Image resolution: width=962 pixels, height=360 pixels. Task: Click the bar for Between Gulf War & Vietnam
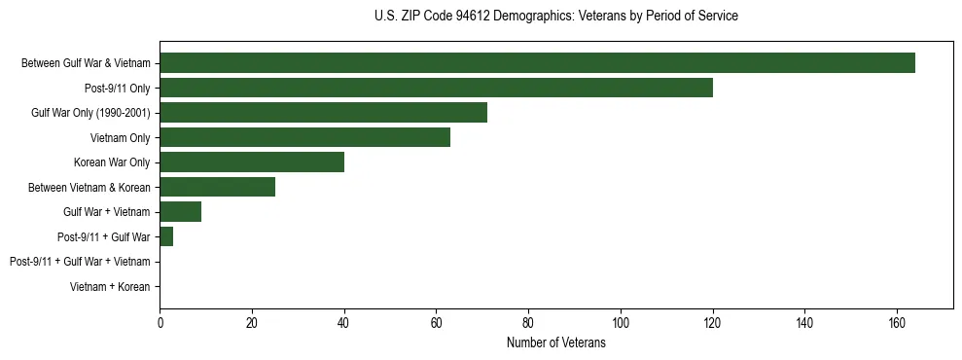coord(537,63)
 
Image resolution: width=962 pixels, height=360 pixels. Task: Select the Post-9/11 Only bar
coord(436,88)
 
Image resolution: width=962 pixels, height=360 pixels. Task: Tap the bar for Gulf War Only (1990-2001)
coord(323,113)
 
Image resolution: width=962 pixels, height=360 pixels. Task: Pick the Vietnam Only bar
coord(304,137)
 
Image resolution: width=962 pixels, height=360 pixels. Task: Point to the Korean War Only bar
coord(252,162)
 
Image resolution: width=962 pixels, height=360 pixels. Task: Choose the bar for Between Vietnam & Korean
coord(217,187)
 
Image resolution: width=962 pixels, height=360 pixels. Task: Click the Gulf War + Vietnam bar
coord(180,212)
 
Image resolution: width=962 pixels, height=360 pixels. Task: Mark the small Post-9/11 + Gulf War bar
coord(166,236)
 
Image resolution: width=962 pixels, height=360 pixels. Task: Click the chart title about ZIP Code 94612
coord(555,16)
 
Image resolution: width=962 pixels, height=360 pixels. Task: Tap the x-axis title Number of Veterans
coord(555,343)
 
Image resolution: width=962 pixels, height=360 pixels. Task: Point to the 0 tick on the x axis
coord(160,324)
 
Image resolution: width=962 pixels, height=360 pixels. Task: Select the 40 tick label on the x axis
coord(343,324)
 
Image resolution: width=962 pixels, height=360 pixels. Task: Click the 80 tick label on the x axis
coord(528,324)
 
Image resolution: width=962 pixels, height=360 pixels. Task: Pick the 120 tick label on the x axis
coord(712,324)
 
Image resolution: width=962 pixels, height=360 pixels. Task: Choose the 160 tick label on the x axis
coord(897,324)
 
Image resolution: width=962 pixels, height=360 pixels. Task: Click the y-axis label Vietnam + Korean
coord(110,287)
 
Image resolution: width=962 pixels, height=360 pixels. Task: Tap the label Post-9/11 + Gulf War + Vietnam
coord(80,262)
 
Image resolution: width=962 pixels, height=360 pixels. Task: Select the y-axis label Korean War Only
coord(112,162)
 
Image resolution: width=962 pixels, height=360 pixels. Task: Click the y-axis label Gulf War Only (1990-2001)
coord(90,113)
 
